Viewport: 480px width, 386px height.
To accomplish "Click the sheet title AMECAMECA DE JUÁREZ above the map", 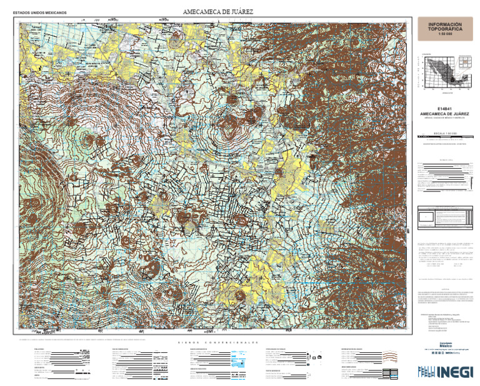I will pyautogui.click(x=218, y=12).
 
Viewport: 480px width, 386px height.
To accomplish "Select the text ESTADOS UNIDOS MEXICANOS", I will pyautogui.click(x=40, y=13).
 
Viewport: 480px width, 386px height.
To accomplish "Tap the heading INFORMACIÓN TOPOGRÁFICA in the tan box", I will pyautogui.click(x=445, y=27).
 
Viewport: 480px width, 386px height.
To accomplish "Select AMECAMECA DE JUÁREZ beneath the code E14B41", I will pyautogui.click(x=445, y=114).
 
